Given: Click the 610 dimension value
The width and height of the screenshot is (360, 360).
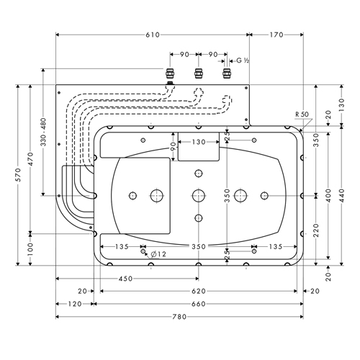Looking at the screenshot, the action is click(x=153, y=35).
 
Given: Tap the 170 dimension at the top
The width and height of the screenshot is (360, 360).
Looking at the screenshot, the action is click(x=276, y=35).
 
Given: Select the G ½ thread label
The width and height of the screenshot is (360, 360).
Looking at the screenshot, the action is click(x=243, y=60).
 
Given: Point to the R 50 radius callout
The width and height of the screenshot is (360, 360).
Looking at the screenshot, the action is click(x=302, y=114).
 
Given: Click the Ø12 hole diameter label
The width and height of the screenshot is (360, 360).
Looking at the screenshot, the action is click(x=158, y=254).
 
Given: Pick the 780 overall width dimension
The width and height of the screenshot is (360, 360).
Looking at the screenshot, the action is click(x=179, y=317).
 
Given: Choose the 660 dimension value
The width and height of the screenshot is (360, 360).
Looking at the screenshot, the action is click(x=199, y=304).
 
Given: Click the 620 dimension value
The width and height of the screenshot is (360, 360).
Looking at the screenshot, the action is click(x=199, y=292).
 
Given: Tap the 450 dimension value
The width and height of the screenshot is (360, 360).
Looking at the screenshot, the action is click(x=125, y=279).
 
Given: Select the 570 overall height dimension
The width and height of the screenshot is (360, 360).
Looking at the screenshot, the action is click(x=18, y=175).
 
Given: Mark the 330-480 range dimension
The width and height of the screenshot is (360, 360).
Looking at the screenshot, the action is click(x=43, y=132).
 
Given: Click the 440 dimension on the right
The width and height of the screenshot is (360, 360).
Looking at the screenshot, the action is click(x=342, y=195).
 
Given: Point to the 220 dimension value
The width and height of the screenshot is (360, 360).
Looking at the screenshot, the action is click(x=316, y=230).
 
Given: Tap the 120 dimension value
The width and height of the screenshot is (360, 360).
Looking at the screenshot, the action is click(x=75, y=304).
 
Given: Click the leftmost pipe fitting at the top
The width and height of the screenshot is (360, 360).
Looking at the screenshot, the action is click(x=170, y=73).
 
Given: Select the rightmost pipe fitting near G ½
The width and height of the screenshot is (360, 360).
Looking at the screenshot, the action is click(x=226, y=73).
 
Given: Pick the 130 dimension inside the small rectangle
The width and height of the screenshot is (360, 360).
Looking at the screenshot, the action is click(x=199, y=142).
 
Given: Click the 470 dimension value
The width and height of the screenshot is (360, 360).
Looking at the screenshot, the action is click(x=30, y=159).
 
